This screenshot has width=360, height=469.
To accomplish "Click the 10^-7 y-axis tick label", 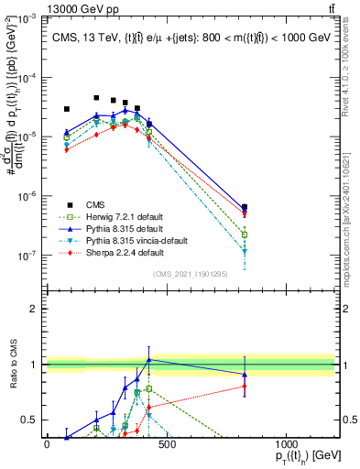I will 27,256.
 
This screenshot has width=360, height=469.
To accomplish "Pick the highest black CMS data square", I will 96,98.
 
